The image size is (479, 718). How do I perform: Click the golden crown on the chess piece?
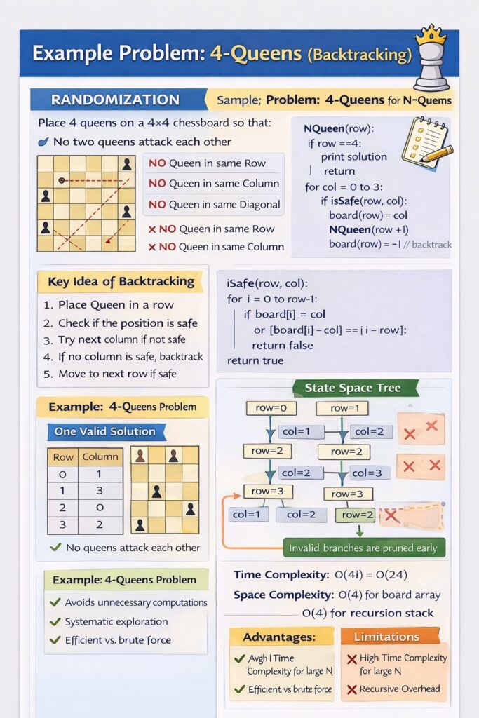(x=431, y=34)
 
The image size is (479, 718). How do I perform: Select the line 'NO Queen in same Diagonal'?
(x=214, y=205)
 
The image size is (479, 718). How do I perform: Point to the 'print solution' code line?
(x=353, y=156)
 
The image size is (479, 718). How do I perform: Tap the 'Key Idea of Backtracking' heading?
(x=121, y=282)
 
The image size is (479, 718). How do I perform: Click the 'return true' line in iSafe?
(x=255, y=360)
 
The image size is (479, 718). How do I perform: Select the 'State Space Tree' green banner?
(x=351, y=388)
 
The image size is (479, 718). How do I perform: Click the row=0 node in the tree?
(x=271, y=408)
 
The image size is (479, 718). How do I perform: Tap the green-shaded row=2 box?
(x=356, y=515)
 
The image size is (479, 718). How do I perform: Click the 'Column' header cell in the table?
(x=100, y=456)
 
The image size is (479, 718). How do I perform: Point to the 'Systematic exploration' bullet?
(x=116, y=621)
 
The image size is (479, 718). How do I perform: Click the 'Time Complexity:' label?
(x=281, y=575)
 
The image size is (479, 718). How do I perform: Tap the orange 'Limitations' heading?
(x=386, y=637)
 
